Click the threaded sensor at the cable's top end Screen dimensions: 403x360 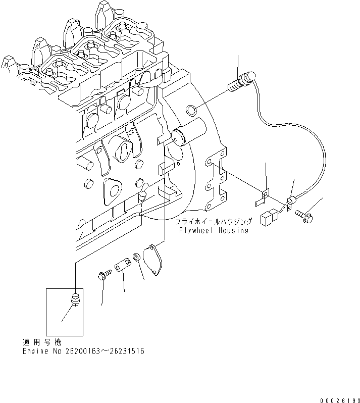coord(242,82)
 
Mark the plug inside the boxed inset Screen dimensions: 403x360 coord(76,299)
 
